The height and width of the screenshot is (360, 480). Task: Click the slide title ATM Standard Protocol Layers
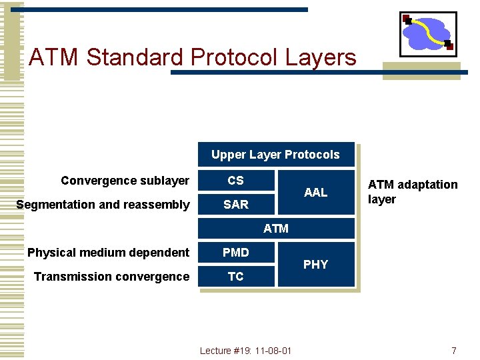(x=193, y=57)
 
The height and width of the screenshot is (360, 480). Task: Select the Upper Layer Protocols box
(x=275, y=155)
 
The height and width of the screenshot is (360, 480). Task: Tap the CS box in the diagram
(x=236, y=181)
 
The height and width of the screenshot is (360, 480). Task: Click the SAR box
(x=236, y=205)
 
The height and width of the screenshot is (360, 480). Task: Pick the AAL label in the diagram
(x=315, y=193)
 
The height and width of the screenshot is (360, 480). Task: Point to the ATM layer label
(x=276, y=229)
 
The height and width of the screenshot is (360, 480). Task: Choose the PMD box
(x=236, y=253)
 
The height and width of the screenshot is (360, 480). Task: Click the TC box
(x=236, y=277)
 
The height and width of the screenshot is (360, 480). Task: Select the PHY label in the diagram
(x=315, y=265)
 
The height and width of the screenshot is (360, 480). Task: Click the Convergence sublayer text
(x=125, y=181)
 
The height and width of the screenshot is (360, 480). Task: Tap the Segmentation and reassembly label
(x=103, y=205)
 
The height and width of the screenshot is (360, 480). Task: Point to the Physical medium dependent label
(x=108, y=253)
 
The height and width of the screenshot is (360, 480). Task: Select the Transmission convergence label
(x=111, y=277)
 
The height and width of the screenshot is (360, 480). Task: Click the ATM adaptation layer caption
(x=413, y=192)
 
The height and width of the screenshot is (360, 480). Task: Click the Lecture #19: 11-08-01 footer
(x=245, y=351)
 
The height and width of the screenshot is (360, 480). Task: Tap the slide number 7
(x=453, y=351)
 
